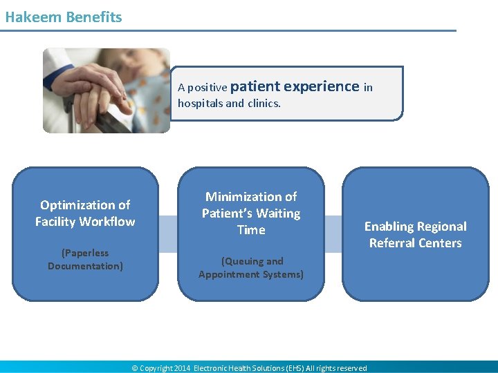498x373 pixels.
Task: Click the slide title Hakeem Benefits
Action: click(x=64, y=17)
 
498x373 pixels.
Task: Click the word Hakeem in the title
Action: click(x=33, y=17)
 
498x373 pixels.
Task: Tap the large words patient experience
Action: click(x=295, y=86)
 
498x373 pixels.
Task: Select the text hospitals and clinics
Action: click(x=229, y=104)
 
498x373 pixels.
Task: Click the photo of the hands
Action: click(x=106, y=90)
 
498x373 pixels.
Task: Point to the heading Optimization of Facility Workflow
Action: click(x=85, y=213)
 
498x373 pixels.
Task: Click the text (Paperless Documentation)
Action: click(x=85, y=259)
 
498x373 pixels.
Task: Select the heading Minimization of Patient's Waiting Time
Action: click(x=251, y=213)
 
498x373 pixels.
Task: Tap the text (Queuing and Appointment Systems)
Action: click(x=251, y=268)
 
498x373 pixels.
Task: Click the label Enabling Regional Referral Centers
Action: click(x=415, y=235)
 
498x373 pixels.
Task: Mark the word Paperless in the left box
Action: click(x=85, y=253)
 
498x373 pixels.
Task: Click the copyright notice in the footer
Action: click(x=249, y=368)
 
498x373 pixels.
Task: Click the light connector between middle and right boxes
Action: click(x=333, y=234)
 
